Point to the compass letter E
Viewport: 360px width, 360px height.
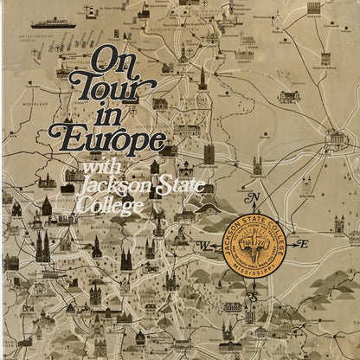click(x=304, y=245)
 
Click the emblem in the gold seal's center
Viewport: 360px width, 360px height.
click(x=253, y=247)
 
